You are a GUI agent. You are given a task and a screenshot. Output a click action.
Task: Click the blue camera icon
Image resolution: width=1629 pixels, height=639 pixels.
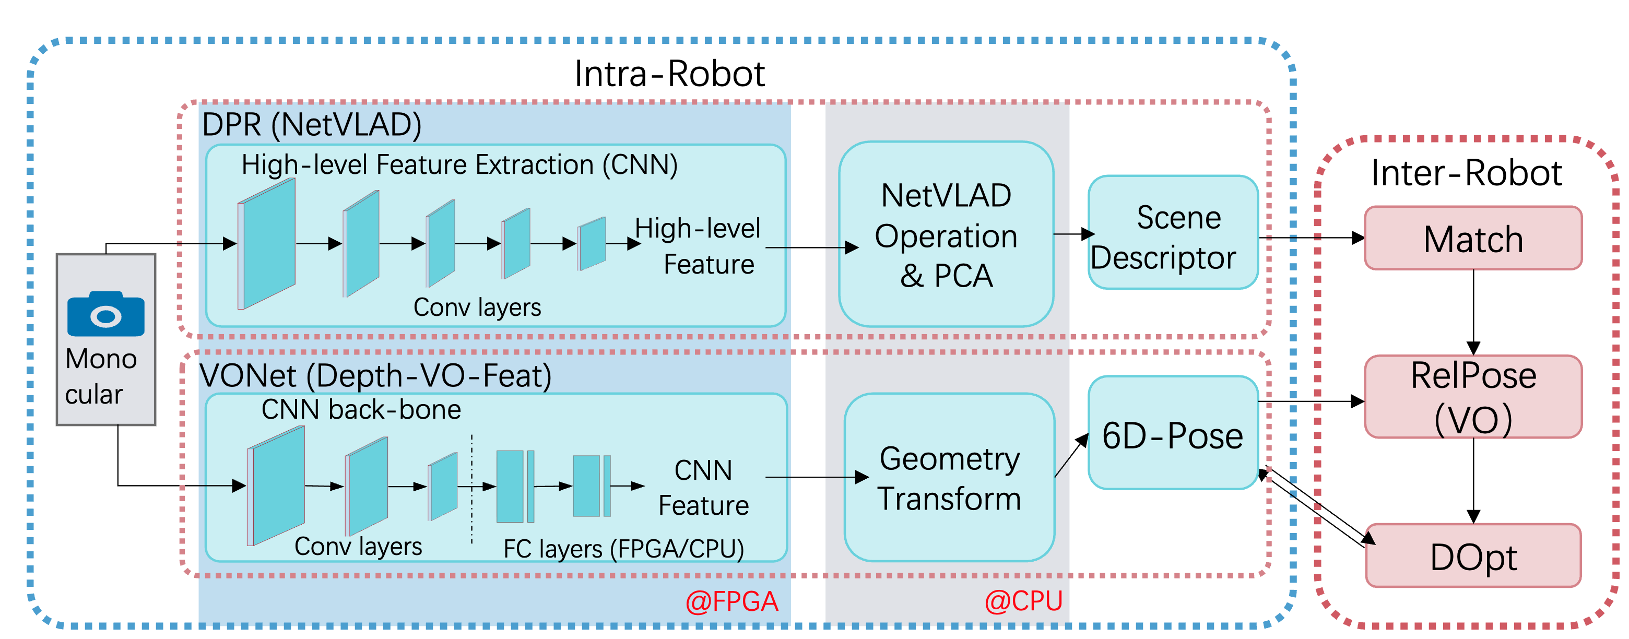(x=105, y=314)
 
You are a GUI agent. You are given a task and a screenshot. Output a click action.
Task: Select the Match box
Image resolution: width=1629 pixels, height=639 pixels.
(x=1473, y=238)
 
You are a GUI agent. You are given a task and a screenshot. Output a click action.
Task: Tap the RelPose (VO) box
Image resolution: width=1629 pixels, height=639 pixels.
(x=1473, y=396)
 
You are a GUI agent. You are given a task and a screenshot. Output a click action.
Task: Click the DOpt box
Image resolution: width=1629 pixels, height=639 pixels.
(x=1473, y=555)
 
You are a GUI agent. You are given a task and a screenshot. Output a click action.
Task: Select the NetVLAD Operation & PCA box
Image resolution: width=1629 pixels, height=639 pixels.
(x=946, y=234)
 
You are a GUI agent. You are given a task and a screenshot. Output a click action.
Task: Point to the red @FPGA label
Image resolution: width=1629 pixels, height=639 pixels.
(x=731, y=600)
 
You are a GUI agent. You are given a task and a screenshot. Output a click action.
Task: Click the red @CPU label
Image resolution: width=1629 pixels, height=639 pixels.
(x=1024, y=600)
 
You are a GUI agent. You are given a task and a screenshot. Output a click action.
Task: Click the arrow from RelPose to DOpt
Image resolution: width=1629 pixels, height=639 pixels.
(x=1473, y=480)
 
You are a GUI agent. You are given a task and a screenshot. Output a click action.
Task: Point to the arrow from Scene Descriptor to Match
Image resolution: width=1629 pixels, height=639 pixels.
(x=1309, y=238)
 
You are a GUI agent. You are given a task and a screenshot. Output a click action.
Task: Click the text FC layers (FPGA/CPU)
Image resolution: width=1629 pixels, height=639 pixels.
(x=623, y=548)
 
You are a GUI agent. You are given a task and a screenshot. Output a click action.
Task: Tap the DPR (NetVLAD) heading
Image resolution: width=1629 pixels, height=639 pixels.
(x=311, y=125)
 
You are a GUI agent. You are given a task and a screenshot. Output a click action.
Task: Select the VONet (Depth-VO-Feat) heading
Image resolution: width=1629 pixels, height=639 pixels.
(x=375, y=376)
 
